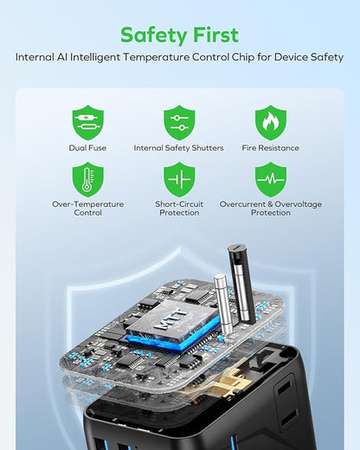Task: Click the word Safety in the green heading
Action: tap(154, 35)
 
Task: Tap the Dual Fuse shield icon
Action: tap(88, 123)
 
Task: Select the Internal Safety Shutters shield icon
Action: tap(179, 123)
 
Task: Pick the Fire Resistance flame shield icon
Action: tap(271, 123)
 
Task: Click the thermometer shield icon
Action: tap(88, 179)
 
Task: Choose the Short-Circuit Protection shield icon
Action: tap(179, 179)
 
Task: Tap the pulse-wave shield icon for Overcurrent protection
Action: tap(271, 179)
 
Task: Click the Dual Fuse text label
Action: tap(87, 148)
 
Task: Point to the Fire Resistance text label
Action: tap(270, 148)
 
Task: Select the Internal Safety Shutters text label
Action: tap(179, 148)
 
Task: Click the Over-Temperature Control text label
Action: tap(88, 209)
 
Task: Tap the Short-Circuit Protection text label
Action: tap(179, 209)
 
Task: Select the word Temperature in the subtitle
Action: tap(157, 57)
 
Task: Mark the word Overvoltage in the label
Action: tap(298, 204)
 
